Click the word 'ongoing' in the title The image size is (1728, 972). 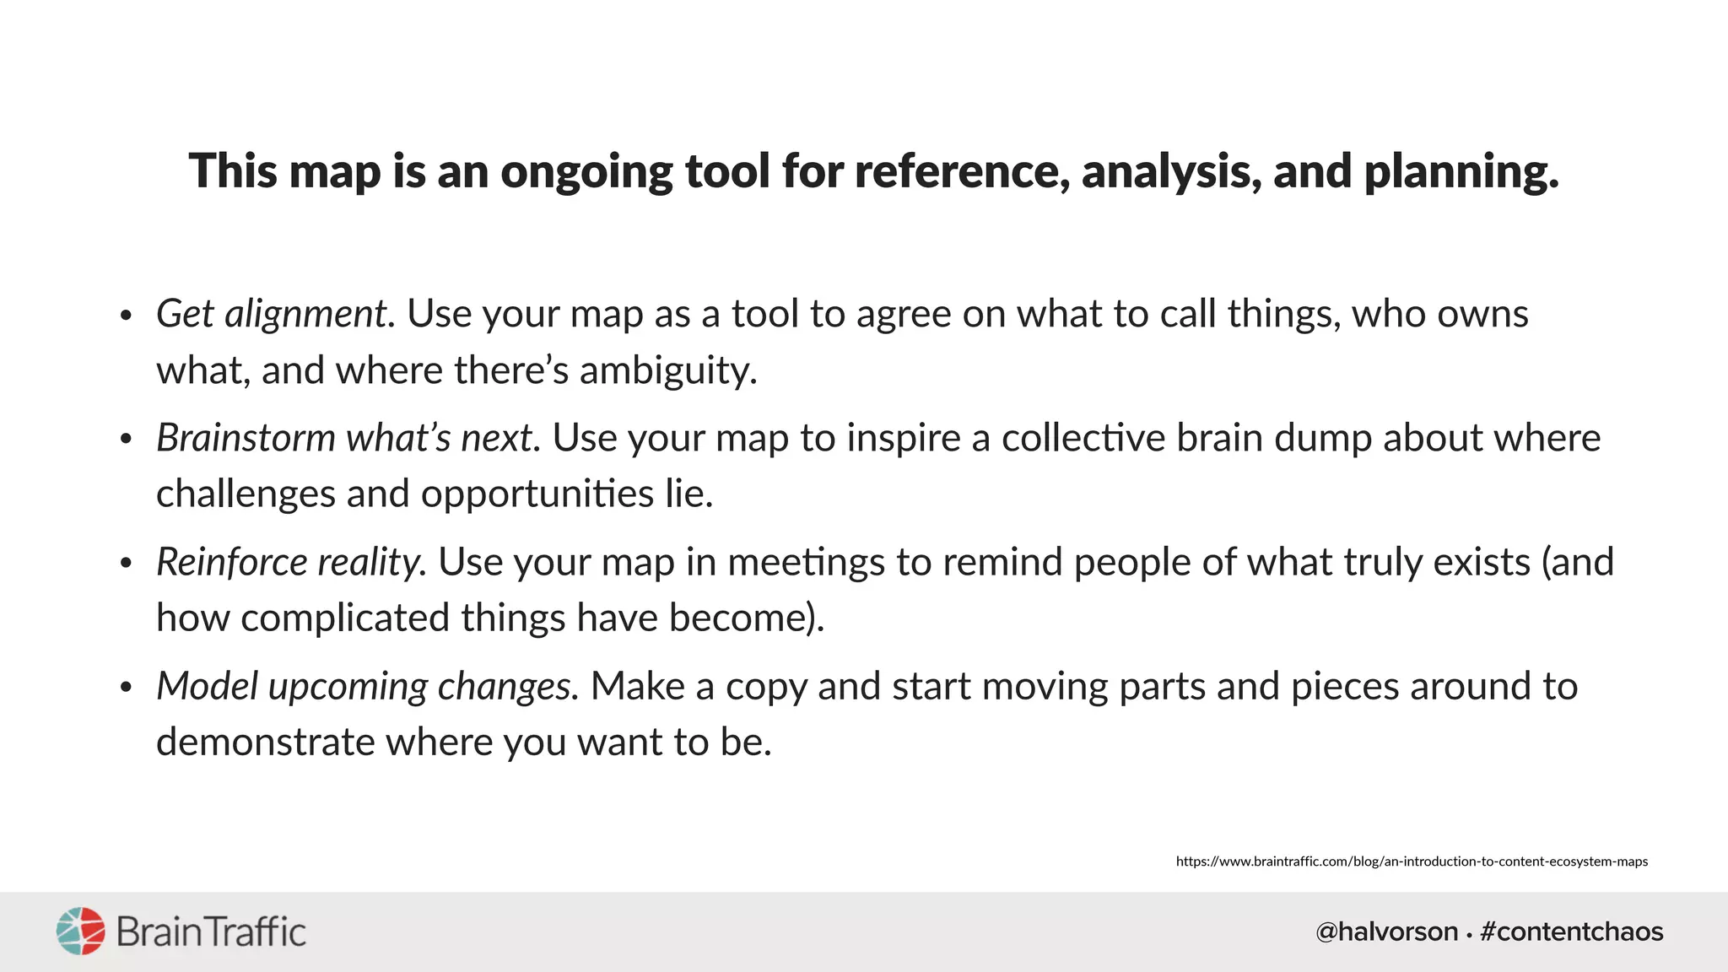tap(586, 172)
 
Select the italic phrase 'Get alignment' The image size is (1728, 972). tap(271, 315)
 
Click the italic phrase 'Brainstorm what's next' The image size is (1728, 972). tap(343, 438)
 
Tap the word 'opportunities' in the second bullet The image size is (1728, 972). tap(537, 494)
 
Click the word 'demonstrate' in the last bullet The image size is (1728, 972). tap(265, 742)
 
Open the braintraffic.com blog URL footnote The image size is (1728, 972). tap(1412, 861)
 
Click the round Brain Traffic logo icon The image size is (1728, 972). tap(81, 931)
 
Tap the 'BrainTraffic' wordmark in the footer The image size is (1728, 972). tap(211, 932)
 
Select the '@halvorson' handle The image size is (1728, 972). tap(1386, 931)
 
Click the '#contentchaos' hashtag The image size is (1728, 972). tap(1571, 931)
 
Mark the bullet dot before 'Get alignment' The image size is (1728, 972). tap(126, 316)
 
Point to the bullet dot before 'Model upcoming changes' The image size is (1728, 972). tap(126, 688)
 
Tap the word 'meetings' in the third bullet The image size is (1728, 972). tap(806, 562)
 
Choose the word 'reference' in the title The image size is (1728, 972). tap(956, 172)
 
